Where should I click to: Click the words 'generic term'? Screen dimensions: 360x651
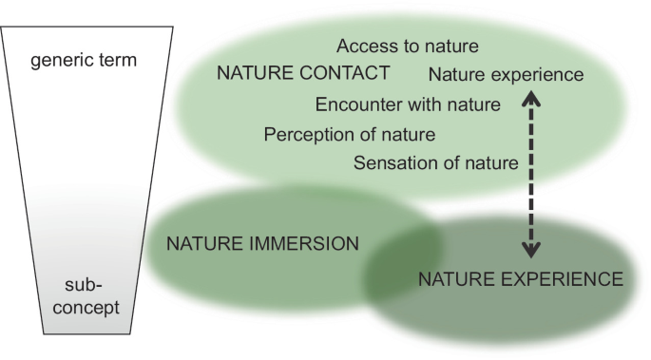84,60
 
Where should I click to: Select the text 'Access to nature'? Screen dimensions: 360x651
407,46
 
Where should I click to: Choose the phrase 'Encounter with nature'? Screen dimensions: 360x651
408,104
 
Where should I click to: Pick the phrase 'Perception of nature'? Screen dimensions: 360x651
350,133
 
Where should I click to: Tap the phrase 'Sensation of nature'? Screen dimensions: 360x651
435,162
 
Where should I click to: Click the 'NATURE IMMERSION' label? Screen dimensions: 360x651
262,242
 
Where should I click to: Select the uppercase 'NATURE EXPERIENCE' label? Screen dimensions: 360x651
521,279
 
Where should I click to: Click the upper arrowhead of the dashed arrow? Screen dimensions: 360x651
534,96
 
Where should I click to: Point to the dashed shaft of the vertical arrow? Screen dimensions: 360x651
534,176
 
